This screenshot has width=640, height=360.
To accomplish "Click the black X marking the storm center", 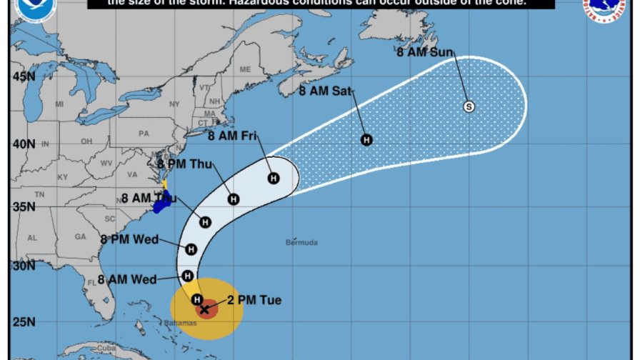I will click(205, 309).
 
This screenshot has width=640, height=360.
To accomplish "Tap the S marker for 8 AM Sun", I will click(469, 106).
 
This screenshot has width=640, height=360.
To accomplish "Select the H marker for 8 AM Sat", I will click(366, 140).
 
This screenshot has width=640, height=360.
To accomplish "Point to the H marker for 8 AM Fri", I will click(274, 178).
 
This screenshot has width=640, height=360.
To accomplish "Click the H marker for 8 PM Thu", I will click(234, 199).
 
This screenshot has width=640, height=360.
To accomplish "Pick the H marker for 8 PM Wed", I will click(191, 249).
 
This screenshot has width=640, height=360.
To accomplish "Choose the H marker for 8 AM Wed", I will click(187, 275).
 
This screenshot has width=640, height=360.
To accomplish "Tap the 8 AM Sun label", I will click(425, 51).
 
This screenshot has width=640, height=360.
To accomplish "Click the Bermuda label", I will click(301, 243).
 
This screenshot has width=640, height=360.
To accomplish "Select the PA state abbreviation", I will click(144, 133).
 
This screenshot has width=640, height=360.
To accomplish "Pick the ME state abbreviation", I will click(245, 69).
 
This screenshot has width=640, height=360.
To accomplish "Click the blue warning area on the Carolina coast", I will click(161, 202).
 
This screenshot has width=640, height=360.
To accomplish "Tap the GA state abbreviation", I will click(80, 236).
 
